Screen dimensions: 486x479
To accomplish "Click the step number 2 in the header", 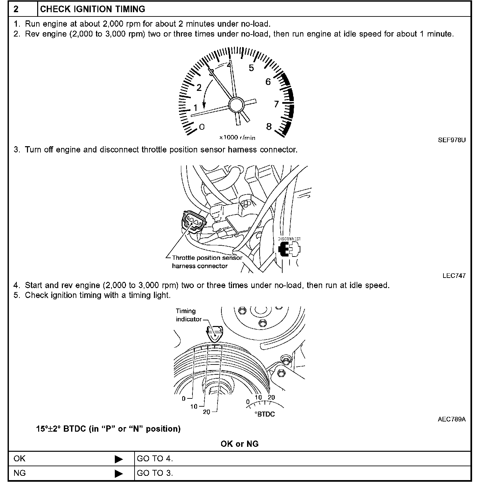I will [16, 9].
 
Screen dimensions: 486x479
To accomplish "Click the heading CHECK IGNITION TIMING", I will [92, 9].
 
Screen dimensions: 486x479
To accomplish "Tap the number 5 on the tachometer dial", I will [251, 68].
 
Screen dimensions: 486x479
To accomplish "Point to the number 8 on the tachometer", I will [269, 126].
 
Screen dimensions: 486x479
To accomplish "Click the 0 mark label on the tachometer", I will [202, 127].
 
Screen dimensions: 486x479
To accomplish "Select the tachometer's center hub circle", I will [237, 105].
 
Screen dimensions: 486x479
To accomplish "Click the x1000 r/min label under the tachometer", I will [237, 138].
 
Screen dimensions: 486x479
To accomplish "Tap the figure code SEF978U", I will [452, 140].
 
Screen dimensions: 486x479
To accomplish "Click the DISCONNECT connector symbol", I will [289, 249].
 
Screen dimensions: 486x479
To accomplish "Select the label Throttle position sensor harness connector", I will [207, 262].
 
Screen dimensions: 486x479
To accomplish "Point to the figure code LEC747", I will [454, 276].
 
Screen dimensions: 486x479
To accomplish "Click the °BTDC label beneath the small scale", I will [265, 414].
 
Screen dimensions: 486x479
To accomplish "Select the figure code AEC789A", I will [452, 419].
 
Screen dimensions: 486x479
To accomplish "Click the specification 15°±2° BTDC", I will [108, 429].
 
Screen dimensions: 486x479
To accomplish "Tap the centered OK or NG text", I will [239, 444].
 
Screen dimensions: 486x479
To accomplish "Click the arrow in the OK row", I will [119, 459].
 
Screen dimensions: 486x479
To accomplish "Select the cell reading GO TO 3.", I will [155, 473].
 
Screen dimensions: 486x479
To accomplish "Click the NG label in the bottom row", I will [20, 473].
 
